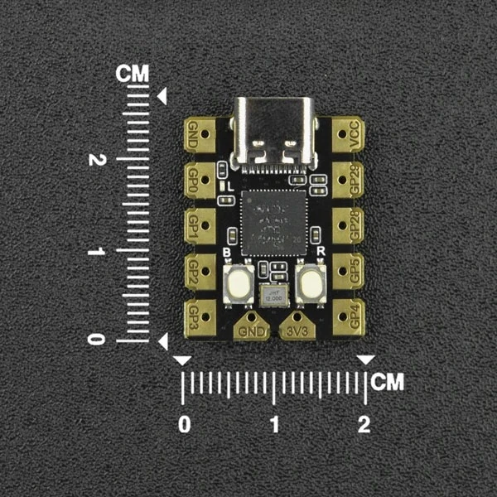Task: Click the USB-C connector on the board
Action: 274,131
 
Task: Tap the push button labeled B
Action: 239,283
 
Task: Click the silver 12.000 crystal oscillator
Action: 274,296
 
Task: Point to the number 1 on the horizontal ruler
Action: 274,424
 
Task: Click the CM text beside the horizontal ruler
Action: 388,382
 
